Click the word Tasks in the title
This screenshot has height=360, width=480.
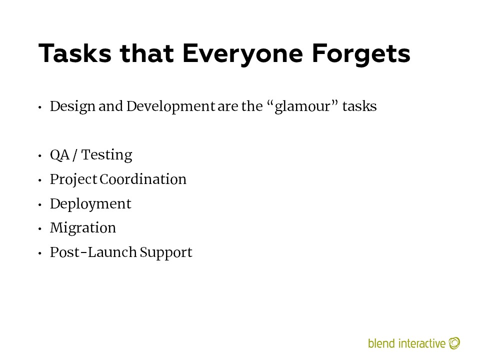pos(75,53)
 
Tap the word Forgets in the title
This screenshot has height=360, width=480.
pos(361,54)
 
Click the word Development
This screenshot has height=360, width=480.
pos(171,107)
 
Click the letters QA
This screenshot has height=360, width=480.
pos(60,155)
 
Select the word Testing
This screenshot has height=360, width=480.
pos(107,155)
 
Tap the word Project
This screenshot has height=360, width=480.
pos(74,180)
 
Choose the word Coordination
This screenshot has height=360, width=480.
pos(143,179)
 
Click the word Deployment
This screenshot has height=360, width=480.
pos(90,204)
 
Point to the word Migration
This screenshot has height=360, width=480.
pos(83,228)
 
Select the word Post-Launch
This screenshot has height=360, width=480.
pos(93,252)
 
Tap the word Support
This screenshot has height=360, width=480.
pos(166,253)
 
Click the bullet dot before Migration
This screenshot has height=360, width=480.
pos(40,228)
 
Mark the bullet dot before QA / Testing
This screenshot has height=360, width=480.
pos(40,156)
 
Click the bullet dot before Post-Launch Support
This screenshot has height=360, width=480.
pos(40,253)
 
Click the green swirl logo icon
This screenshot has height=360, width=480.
pos(454,343)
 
